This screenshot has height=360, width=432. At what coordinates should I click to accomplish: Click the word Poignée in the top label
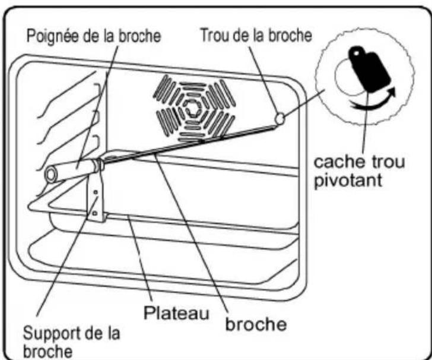(x=53, y=36)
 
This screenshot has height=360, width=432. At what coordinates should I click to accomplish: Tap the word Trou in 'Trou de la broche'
(x=215, y=35)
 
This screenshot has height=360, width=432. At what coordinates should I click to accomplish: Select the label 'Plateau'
(x=176, y=313)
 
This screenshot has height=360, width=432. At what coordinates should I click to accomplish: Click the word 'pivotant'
(x=348, y=181)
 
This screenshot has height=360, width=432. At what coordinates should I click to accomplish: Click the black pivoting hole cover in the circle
(x=369, y=69)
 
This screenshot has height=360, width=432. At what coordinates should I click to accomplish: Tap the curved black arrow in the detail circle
(x=374, y=101)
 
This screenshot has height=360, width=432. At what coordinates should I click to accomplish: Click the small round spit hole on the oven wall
(x=280, y=119)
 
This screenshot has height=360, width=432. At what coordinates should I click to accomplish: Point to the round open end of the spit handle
(x=50, y=175)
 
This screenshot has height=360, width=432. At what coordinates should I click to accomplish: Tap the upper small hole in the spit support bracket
(x=96, y=192)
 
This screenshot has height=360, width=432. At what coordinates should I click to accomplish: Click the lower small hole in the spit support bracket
(x=94, y=213)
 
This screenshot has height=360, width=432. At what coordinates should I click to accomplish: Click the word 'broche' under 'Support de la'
(x=47, y=351)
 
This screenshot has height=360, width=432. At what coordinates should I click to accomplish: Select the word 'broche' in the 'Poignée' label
(x=139, y=36)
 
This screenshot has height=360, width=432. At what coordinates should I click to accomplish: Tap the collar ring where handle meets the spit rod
(x=99, y=165)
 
